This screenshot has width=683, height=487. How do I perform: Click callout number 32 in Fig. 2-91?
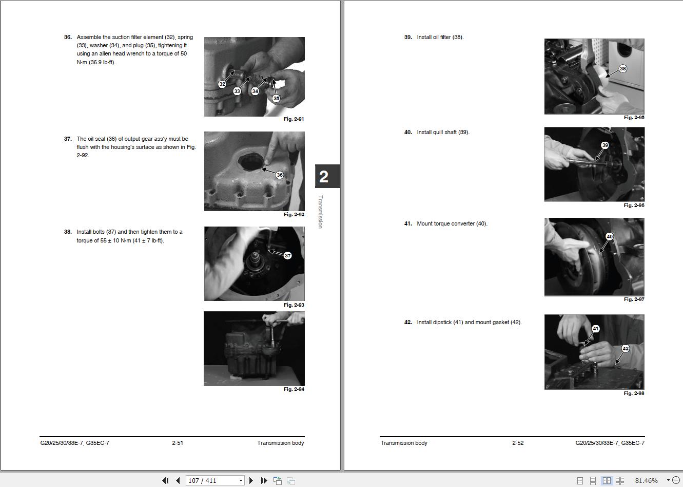[222, 84]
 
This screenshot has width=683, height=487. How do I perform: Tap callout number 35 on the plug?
[276, 98]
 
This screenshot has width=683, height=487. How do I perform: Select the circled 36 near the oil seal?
[280, 175]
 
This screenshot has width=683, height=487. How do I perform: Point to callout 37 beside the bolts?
[287, 255]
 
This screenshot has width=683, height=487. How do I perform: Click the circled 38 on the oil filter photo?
[623, 69]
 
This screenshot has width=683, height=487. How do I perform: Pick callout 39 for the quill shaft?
[605, 145]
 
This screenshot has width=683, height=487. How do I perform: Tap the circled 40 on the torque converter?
[610, 236]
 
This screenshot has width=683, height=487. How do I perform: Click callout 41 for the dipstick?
[595, 329]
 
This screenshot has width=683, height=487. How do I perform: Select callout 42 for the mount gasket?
[626, 348]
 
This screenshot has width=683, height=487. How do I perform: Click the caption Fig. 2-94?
[294, 389]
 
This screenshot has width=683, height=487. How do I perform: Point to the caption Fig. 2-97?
[634, 299]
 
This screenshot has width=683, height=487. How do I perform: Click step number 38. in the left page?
[68, 232]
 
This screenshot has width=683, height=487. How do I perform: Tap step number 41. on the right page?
[408, 223]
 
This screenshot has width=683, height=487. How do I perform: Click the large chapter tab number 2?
[324, 177]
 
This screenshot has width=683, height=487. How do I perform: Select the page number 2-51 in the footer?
[178, 443]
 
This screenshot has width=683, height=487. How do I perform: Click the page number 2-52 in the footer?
[518, 443]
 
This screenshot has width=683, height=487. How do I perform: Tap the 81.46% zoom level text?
[647, 481]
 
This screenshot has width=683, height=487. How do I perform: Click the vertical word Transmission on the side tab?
[321, 212]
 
